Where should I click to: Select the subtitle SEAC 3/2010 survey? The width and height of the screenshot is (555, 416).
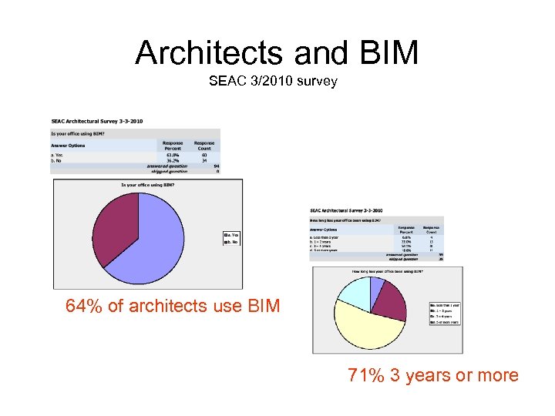pos(272,81)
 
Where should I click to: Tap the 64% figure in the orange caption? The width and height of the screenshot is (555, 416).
pos(82,307)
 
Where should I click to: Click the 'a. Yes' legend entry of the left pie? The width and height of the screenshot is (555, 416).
pos(232,234)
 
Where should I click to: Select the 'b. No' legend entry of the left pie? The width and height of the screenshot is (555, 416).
pos(232,242)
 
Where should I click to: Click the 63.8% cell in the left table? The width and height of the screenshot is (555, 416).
pos(171,154)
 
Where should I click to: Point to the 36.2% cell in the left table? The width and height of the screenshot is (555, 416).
pos(171,160)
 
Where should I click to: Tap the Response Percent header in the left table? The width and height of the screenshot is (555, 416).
pos(173,145)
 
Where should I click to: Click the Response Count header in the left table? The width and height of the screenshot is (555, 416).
pos(204,145)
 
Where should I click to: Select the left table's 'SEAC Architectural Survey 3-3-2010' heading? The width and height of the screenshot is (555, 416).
pos(97,121)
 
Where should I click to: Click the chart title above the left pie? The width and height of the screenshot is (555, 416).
pos(147,184)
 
